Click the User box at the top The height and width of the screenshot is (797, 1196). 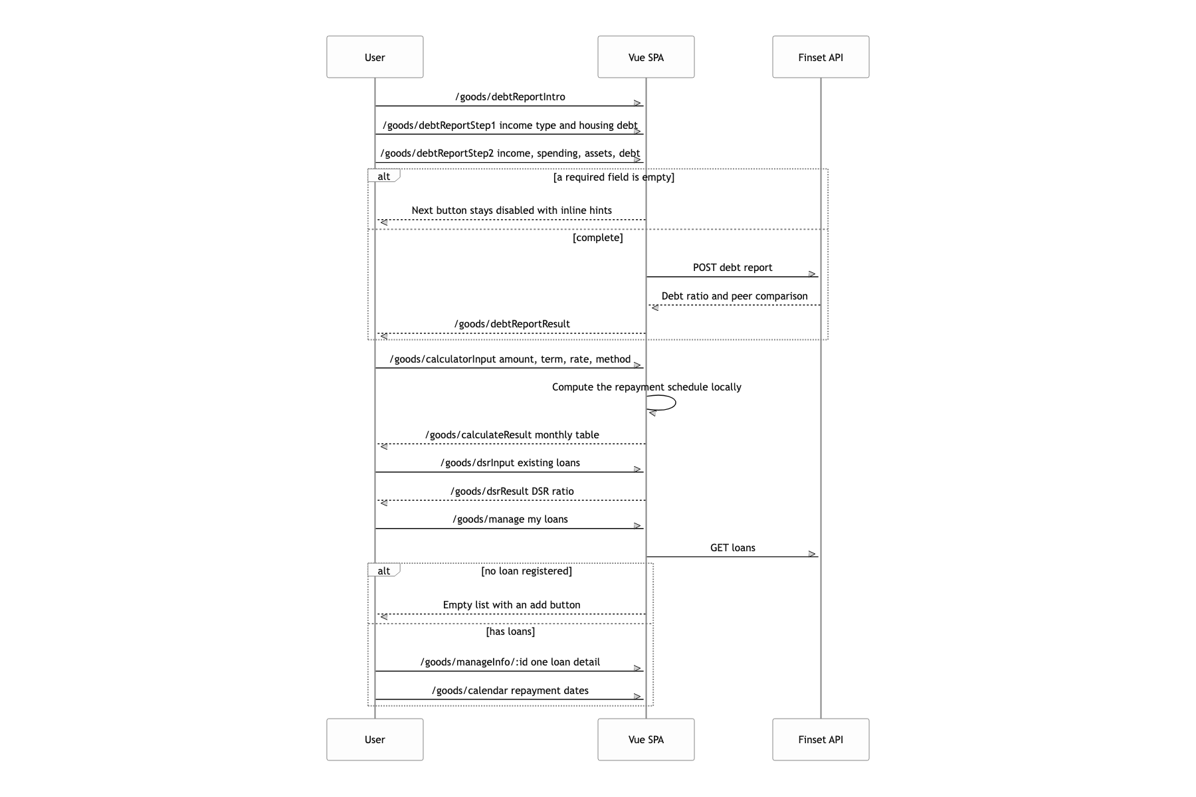[375, 57]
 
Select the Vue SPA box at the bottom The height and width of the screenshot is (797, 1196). [646, 739]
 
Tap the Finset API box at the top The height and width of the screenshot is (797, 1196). [821, 57]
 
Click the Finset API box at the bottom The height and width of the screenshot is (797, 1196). [821, 739]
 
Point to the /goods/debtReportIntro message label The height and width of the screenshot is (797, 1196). [510, 97]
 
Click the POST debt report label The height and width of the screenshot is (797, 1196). [733, 268]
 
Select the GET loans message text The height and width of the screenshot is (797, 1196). [733, 548]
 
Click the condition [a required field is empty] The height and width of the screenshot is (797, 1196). [614, 177]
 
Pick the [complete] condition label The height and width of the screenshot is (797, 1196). [598, 238]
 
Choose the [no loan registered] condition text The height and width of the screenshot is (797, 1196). [526, 571]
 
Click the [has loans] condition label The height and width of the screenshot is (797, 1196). [510, 632]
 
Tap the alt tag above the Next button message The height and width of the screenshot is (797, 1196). [384, 176]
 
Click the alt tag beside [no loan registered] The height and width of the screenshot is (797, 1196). [384, 571]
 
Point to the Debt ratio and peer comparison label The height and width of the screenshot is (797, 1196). [735, 296]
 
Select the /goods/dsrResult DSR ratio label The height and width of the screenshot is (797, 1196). [512, 491]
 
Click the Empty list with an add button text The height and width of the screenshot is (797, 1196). [512, 605]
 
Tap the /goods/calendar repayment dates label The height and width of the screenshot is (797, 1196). [510, 691]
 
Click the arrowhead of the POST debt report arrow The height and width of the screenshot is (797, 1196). [813, 274]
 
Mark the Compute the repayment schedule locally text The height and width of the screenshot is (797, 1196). [647, 387]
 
